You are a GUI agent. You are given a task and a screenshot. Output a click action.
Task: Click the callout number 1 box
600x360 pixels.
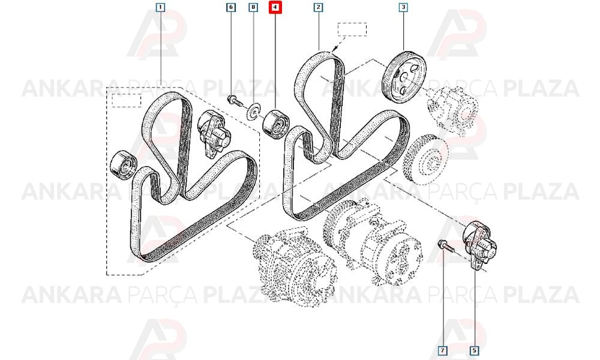click(x=160, y=7)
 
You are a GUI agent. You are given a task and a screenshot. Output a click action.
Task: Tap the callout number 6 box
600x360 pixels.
click(x=230, y=7)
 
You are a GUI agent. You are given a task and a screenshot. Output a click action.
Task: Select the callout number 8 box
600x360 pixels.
click(x=253, y=7)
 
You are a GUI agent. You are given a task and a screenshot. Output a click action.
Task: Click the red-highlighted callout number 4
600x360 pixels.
click(x=275, y=7)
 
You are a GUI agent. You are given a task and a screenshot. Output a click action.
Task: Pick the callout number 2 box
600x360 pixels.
click(x=319, y=7)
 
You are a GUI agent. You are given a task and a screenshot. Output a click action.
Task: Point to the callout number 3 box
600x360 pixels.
click(x=403, y=7)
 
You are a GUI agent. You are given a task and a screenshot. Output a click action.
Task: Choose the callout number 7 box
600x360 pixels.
click(x=443, y=350)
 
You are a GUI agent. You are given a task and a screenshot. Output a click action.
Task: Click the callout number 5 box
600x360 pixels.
click(x=474, y=350)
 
